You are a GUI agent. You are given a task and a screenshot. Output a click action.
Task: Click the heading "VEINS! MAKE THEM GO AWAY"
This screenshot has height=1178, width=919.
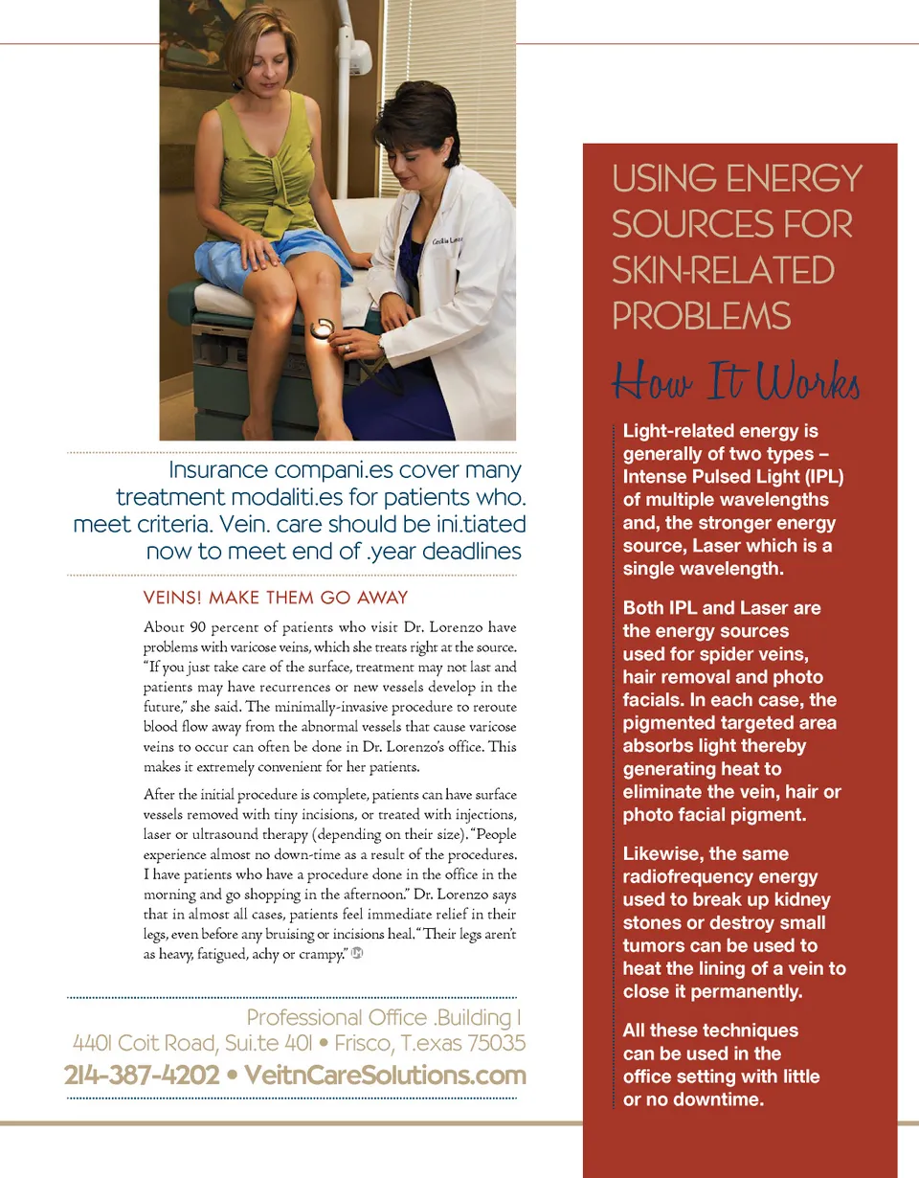[x=276, y=599]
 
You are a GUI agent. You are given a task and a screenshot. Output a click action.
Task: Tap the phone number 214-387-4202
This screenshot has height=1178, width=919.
[x=141, y=1076]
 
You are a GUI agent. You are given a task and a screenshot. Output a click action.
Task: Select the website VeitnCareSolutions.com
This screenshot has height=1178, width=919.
[x=386, y=1076]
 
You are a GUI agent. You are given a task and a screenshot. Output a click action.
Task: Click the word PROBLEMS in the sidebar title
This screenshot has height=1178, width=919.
[x=702, y=316]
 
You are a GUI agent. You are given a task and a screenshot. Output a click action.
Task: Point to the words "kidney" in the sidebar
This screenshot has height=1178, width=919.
[x=798, y=899]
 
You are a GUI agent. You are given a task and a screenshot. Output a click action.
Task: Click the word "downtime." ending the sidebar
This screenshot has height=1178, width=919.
[x=717, y=1099]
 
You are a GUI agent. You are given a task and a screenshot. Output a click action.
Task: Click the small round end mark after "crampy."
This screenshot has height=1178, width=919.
[x=356, y=953]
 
